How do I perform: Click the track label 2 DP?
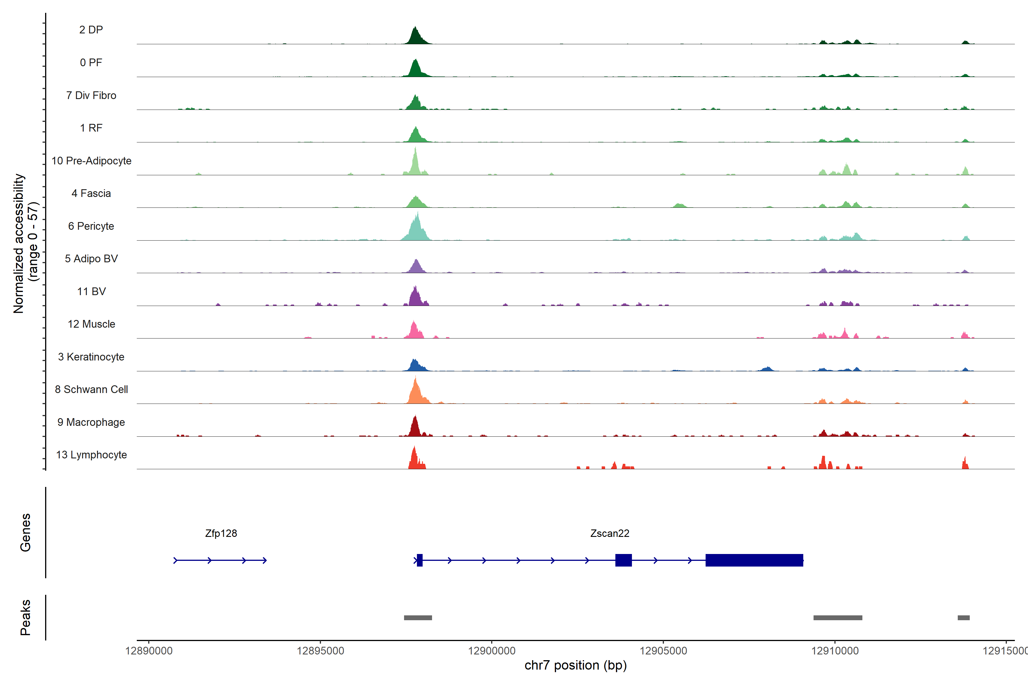91,30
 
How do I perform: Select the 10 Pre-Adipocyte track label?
91,161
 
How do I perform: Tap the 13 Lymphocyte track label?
91,455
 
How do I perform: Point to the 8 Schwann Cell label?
91,389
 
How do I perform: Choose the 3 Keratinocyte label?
91,357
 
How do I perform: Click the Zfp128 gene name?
221,533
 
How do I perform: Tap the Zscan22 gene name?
610,533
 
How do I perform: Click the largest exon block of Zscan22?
754,560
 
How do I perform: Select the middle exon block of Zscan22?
623,560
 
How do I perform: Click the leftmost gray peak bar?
418,618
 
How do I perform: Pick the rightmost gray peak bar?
963,618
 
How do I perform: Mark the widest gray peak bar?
838,618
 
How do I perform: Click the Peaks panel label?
25,617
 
